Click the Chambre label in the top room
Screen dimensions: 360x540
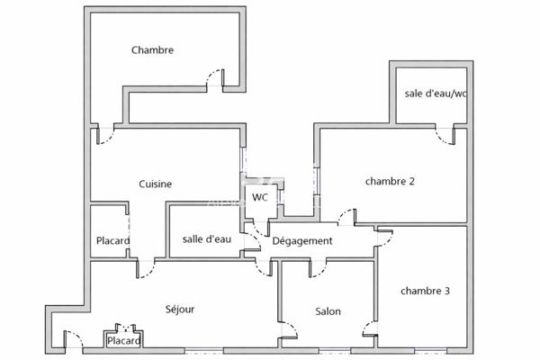[x=152, y=50]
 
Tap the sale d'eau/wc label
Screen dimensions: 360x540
[x=436, y=94]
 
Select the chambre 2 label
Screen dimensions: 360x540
[x=390, y=181]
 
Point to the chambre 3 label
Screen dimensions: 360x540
[x=426, y=291]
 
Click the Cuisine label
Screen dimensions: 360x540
[x=155, y=184]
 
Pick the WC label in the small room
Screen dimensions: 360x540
[x=259, y=197]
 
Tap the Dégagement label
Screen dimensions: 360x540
[x=302, y=241]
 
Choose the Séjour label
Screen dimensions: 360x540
[x=180, y=310]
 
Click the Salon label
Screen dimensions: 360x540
[x=328, y=311]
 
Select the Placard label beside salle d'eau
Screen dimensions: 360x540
[x=112, y=241]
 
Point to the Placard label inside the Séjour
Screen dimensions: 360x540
[x=123, y=341]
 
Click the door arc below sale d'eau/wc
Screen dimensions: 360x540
[x=444, y=135]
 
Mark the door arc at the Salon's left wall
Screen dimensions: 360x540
[x=290, y=328]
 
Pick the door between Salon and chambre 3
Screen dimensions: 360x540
[x=368, y=328]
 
